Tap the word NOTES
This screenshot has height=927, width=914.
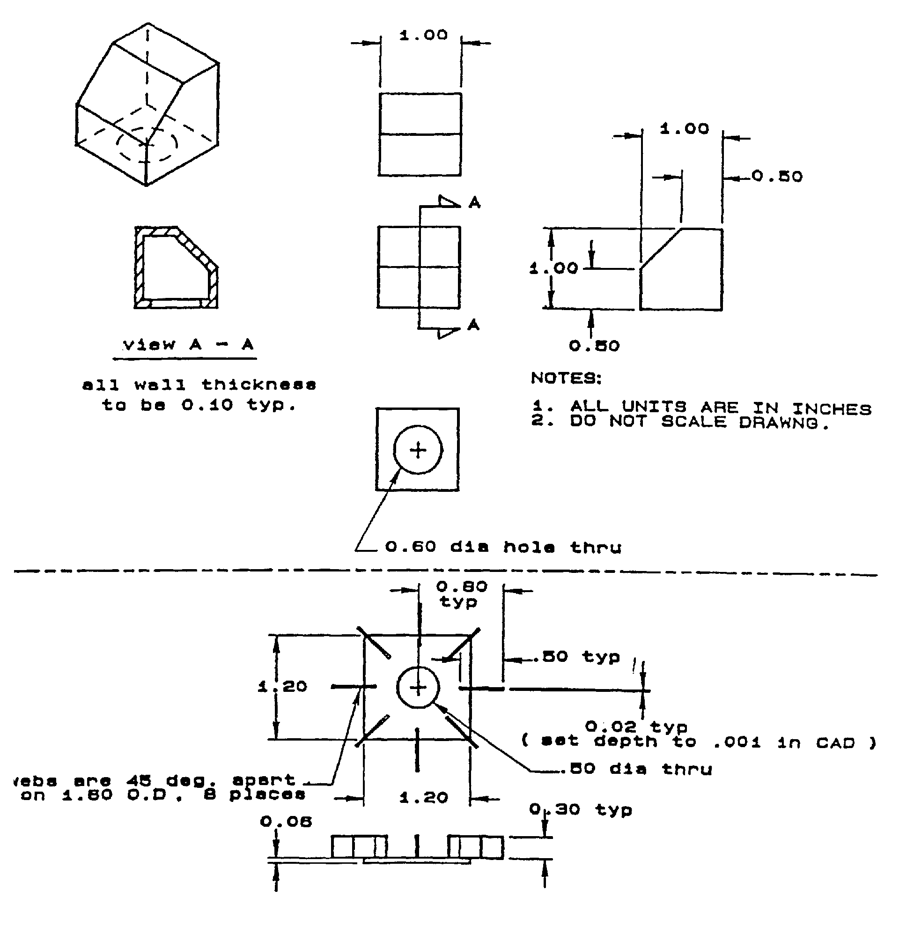tap(566, 378)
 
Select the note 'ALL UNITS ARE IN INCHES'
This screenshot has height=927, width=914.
tap(719, 408)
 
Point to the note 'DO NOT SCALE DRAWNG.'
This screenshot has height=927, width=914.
tap(698, 423)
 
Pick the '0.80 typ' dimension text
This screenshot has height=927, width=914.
tap(461, 594)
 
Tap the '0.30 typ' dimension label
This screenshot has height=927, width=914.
tap(580, 810)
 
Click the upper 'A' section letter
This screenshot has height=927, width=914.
tap(474, 203)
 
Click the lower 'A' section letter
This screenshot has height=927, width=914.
tap(473, 325)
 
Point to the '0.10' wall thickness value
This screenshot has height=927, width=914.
tap(206, 405)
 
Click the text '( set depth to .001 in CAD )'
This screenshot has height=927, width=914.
tap(698, 742)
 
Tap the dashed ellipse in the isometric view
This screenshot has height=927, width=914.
tap(147, 144)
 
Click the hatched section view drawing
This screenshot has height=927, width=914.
tap(176, 267)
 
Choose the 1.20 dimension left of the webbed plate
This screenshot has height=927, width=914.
tap(283, 686)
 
